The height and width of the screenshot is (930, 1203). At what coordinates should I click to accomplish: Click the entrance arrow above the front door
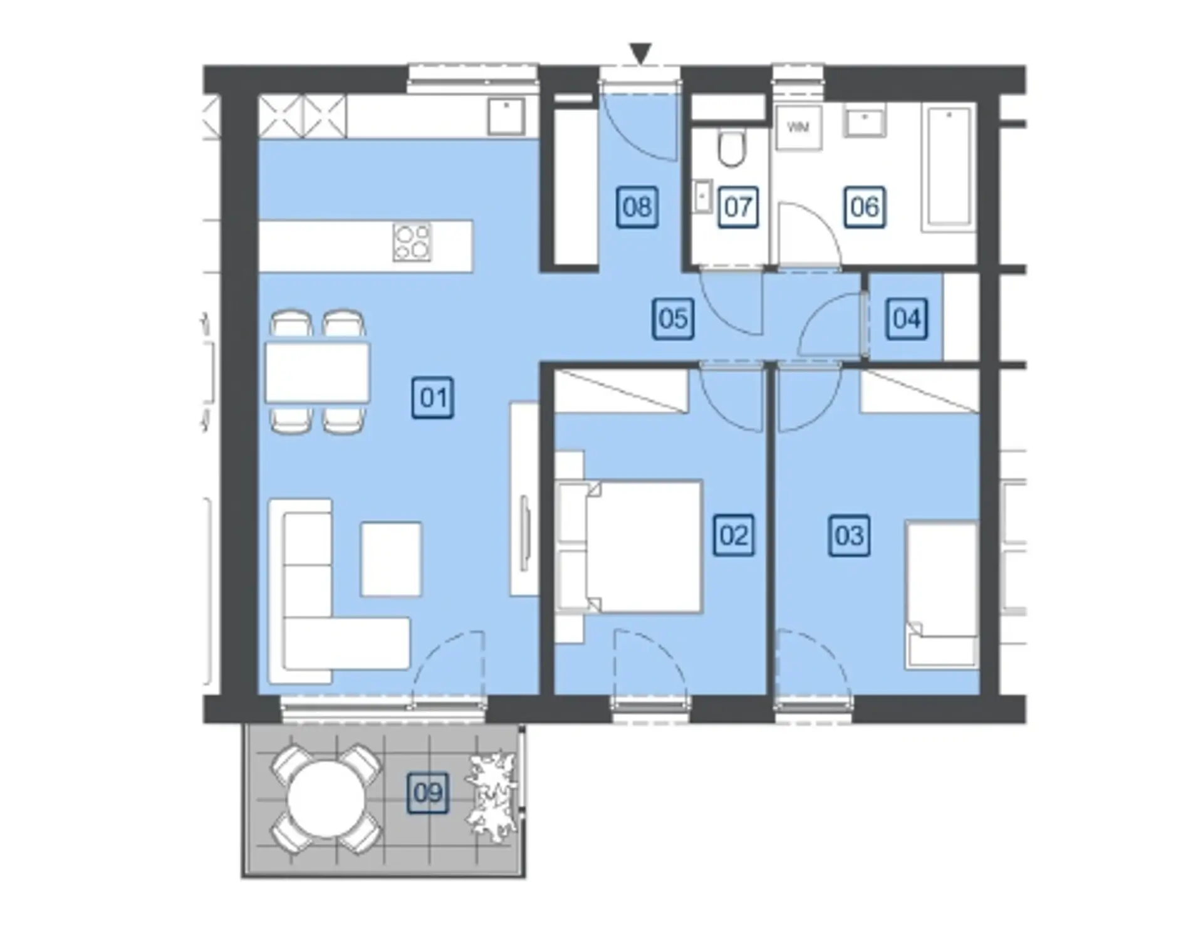(x=640, y=53)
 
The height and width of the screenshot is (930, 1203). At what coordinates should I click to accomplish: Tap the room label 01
(x=433, y=397)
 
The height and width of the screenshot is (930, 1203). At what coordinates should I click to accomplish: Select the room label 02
(x=734, y=535)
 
